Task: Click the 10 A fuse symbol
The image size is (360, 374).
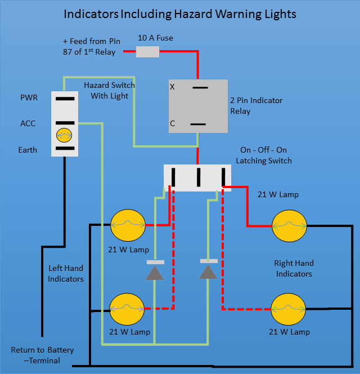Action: (x=148, y=52)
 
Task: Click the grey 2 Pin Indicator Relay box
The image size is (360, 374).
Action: (x=198, y=106)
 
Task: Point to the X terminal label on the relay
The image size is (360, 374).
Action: (x=173, y=87)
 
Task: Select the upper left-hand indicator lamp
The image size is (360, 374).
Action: (x=127, y=226)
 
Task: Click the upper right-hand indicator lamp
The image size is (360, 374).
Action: (x=289, y=226)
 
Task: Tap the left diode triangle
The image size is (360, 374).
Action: (x=155, y=273)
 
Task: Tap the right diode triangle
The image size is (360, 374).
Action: (x=209, y=273)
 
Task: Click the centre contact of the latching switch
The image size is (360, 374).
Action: (x=199, y=177)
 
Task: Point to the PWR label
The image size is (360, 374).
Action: (x=29, y=98)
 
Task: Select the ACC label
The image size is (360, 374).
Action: (x=28, y=123)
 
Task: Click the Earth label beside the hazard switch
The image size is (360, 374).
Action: (x=28, y=150)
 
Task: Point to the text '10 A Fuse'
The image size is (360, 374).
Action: (x=155, y=38)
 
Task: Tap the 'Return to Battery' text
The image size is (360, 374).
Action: (x=42, y=350)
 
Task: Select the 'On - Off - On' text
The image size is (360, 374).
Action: (x=263, y=150)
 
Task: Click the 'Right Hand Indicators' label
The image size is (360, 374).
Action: (x=294, y=268)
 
